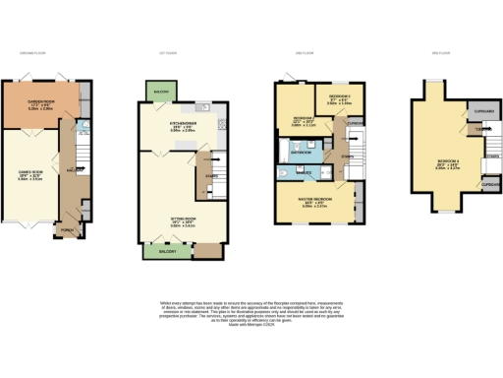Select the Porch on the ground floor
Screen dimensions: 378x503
point(68,231)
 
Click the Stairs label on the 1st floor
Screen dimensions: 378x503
point(211,177)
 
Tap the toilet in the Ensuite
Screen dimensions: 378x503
point(283,175)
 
